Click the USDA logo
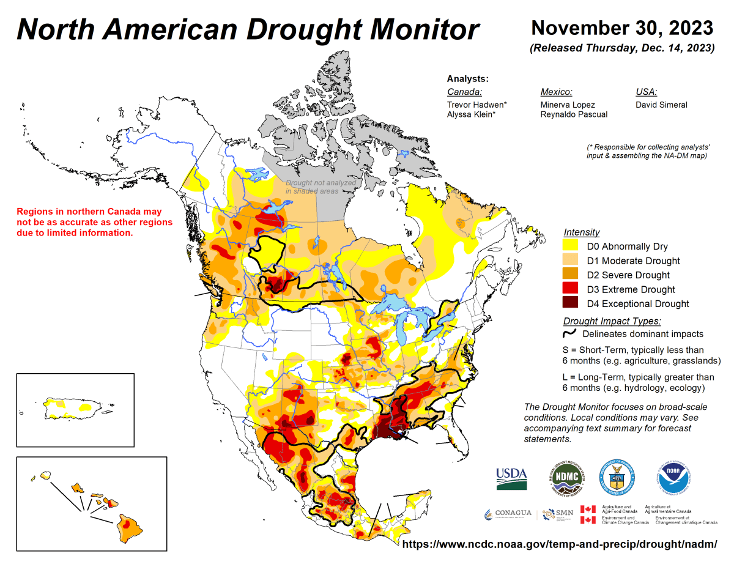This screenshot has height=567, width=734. coord(512,477)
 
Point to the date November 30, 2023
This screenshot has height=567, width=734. coord(622,28)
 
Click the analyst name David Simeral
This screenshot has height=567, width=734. coord(661,105)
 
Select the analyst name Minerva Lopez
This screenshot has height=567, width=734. coord(567,105)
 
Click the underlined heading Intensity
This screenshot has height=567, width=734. coord(581,232)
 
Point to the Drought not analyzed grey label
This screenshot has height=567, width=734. coord(321,187)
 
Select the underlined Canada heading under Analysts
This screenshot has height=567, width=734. coord(464,92)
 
